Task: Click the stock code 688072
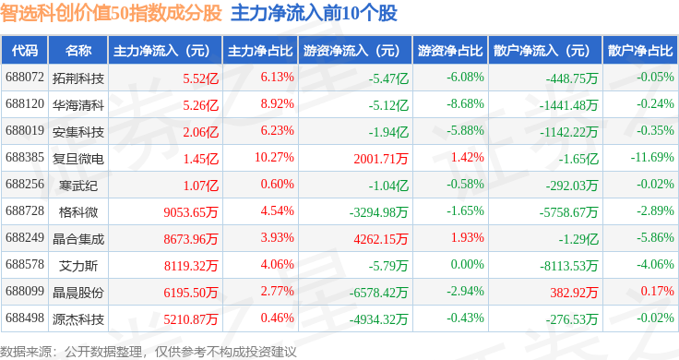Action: [25, 78]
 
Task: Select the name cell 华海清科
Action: [78, 105]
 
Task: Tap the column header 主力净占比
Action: [260, 51]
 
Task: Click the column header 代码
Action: [25, 51]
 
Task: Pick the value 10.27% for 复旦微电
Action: [274, 157]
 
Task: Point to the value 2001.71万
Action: [381, 159]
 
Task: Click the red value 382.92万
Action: [574, 293]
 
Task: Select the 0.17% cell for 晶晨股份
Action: [658, 291]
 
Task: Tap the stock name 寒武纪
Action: [78, 186]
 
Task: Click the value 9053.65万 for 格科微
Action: [191, 212]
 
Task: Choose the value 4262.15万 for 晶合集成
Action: [381, 239]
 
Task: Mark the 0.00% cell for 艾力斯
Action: [467, 264]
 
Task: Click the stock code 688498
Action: [25, 318]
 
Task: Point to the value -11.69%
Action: [652, 157]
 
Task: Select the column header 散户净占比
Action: [640, 51]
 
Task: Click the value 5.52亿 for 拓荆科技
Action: [200, 78]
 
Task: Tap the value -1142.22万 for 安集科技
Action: [568, 132]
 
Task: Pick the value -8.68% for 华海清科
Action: [465, 104]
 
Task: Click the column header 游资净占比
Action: [450, 51]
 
